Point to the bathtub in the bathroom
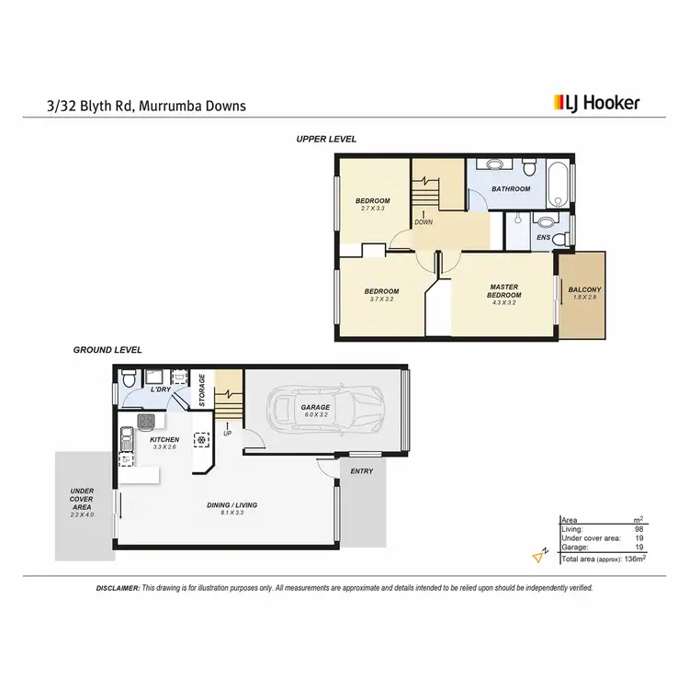click(x=558, y=188)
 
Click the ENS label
click(x=542, y=238)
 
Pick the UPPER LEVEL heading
click(x=326, y=139)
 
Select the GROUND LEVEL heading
click(x=107, y=350)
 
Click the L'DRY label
click(x=160, y=390)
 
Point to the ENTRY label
click(x=362, y=471)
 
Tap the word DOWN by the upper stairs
click(x=423, y=222)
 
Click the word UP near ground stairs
click(x=227, y=434)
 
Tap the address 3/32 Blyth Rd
click(x=87, y=106)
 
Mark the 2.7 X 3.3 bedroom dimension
click(x=373, y=209)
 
